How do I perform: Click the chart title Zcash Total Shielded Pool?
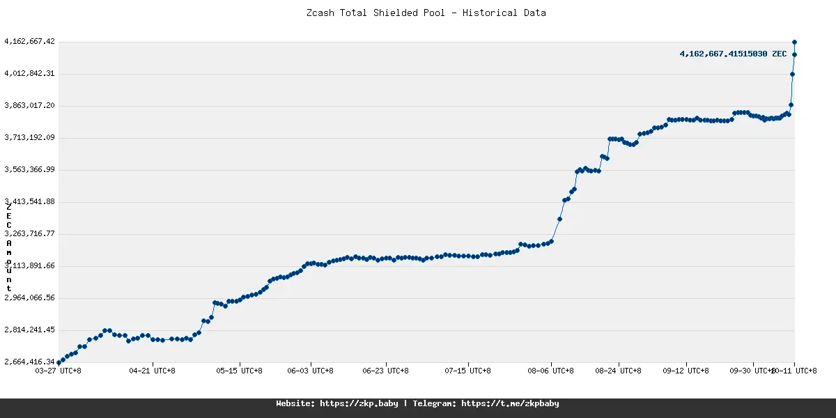click(x=426, y=13)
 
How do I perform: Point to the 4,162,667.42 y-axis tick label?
click(x=29, y=42)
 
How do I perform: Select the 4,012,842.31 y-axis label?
click(x=29, y=74)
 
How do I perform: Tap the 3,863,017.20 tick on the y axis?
click(x=29, y=106)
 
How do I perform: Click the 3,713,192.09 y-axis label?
click(x=29, y=138)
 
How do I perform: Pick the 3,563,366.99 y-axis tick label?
click(x=29, y=170)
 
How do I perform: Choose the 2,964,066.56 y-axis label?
click(x=29, y=298)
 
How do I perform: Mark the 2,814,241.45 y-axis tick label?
click(x=29, y=330)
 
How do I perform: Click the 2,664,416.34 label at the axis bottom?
click(x=29, y=362)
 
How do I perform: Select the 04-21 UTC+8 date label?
click(x=153, y=371)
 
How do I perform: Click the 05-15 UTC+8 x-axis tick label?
click(x=240, y=371)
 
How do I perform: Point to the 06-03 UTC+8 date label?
click(x=311, y=371)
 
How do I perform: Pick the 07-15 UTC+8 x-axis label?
click(x=467, y=371)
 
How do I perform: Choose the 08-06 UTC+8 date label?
click(x=550, y=371)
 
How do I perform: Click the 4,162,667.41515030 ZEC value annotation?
click(x=733, y=54)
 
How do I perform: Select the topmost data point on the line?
click(x=794, y=42)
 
